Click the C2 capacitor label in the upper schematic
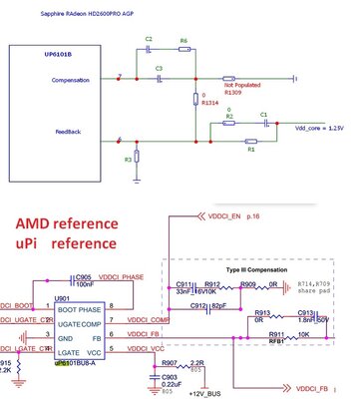pyautogui.click(x=149, y=40)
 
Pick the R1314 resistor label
pyautogui.click(x=209, y=102)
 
